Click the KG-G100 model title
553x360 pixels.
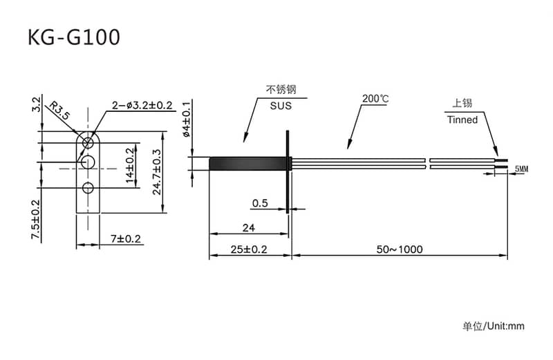pyautogui.click(x=73, y=37)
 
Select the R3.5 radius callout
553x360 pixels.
pyautogui.click(x=61, y=111)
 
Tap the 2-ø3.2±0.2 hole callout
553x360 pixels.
pyautogui.click(x=142, y=105)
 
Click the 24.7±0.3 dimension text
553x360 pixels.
pyautogui.click(x=157, y=171)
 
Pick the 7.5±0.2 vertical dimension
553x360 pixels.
pyautogui.click(x=36, y=220)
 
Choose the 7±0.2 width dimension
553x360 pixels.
pyautogui.click(x=125, y=239)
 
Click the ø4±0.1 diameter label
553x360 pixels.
pyautogui.click(x=187, y=119)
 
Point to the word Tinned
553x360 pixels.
pyautogui.click(x=462, y=120)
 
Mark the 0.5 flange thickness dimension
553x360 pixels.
pyautogui.click(x=260, y=203)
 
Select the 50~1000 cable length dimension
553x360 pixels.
pyautogui.click(x=400, y=249)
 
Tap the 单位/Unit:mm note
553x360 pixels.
pyautogui.click(x=494, y=325)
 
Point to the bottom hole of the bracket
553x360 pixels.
pyautogui.click(x=88, y=188)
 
